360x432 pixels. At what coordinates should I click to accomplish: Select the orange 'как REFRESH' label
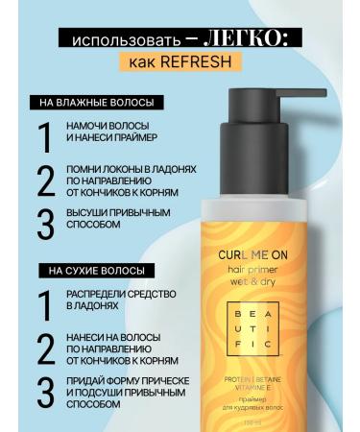click(180, 63)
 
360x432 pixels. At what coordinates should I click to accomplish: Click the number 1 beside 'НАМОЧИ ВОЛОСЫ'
click(43, 135)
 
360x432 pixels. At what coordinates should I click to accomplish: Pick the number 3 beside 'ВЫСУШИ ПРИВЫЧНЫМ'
click(44, 223)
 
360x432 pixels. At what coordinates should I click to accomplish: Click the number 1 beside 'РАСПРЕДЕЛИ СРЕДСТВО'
click(43, 304)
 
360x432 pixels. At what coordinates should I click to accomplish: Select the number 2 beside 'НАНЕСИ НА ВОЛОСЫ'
click(44, 351)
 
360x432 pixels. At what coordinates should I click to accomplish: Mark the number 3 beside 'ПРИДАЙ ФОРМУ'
click(44, 395)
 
